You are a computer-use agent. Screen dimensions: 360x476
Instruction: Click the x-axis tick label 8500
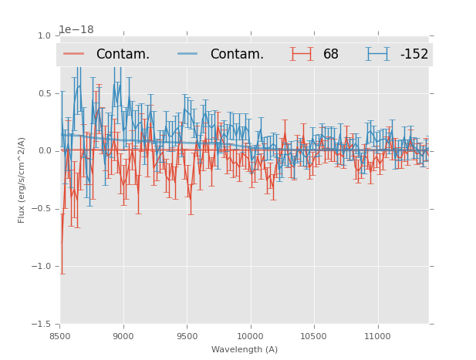click(59, 336)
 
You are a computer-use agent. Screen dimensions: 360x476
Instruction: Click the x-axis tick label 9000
click(123, 336)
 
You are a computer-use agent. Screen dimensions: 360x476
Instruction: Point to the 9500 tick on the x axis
click(187, 336)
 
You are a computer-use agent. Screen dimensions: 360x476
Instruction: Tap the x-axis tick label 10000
click(250, 336)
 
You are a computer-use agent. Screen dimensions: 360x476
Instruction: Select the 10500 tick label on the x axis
click(313, 336)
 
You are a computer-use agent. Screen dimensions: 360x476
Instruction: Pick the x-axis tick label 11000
click(377, 336)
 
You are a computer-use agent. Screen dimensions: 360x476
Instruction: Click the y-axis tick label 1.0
click(43, 36)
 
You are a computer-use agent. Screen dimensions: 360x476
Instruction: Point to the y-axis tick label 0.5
click(43, 94)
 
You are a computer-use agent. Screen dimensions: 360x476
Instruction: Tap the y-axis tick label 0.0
click(43, 151)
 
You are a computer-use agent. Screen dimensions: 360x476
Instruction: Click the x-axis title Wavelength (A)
click(245, 349)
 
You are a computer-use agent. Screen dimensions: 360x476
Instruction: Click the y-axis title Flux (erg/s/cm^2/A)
click(22, 180)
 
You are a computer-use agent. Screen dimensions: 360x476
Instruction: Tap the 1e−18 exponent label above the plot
click(76, 30)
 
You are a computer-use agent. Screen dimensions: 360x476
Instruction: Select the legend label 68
click(331, 55)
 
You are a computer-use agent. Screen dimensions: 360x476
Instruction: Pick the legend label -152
click(414, 55)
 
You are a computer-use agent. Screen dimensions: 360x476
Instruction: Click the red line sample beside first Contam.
click(75, 54)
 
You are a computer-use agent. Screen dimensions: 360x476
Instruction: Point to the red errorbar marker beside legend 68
click(302, 54)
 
